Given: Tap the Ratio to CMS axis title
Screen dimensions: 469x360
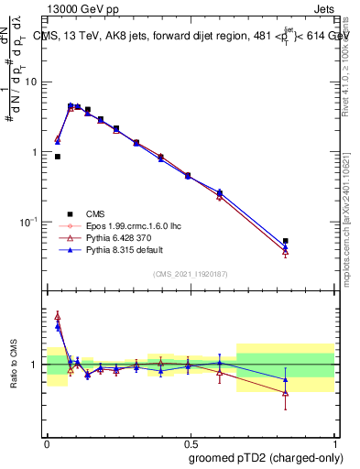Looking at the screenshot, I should coord(14,365).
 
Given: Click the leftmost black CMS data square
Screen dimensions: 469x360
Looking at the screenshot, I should coord(58,157).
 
